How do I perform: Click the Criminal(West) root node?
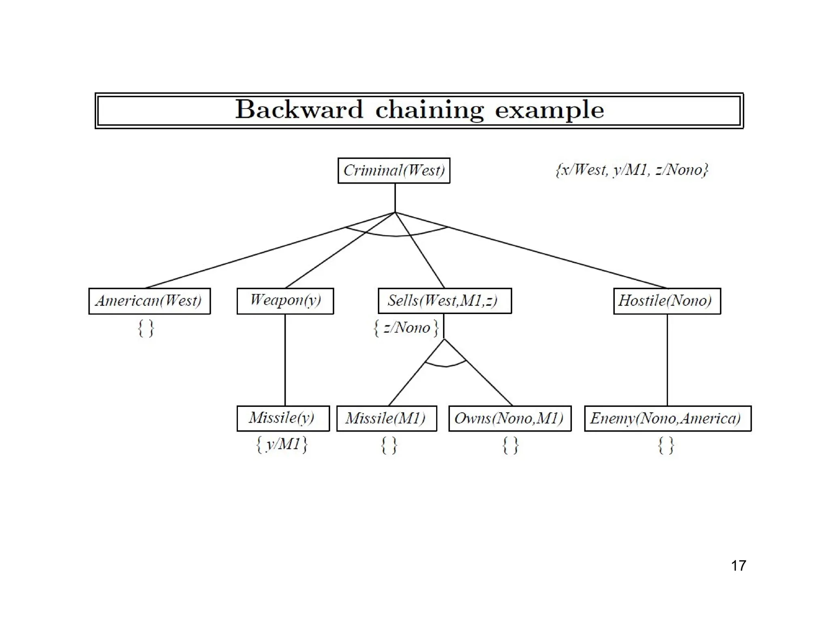point(394,171)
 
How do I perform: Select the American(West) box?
point(149,301)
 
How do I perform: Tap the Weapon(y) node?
point(285,301)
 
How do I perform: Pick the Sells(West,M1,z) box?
point(445,301)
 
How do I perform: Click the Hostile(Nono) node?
point(667,301)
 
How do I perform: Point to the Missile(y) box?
point(283,418)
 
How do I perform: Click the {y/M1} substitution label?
point(282,444)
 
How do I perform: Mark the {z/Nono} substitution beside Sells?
point(406,328)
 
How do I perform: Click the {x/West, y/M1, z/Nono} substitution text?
point(631,170)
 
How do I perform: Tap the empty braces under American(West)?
point(146,328)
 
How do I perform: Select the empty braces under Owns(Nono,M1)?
point(510,445)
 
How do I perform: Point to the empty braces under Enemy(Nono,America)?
point(666,445)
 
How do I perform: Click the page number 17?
point(738,566)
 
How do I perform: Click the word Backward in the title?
point(299,110)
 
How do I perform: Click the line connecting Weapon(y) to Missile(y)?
point(285,360)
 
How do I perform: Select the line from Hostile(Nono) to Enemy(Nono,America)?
point(667,360)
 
